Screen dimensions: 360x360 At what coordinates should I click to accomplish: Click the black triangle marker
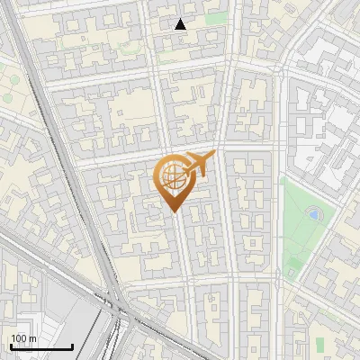pos(181,24)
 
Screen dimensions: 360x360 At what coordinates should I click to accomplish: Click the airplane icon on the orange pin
pos(199,166)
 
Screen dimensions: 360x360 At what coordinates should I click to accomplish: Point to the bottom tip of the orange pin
pos(172,211)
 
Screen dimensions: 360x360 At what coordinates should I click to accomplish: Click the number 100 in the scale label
pos(18,338)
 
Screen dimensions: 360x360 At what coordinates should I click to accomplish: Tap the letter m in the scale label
pos(31,338)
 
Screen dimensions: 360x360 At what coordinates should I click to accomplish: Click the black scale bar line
pos(40,346)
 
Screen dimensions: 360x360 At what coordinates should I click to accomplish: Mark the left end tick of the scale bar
pos(10,345)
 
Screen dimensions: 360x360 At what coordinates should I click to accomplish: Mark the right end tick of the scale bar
pos(72,345)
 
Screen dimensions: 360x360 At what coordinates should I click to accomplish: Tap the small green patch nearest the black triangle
pos(215,19)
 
